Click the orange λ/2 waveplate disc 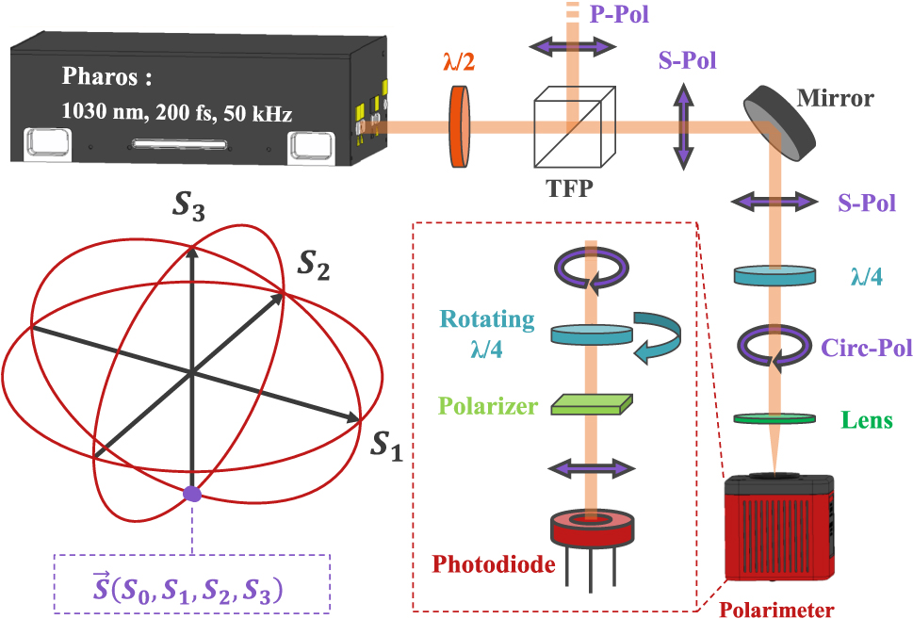(x=458, y=126)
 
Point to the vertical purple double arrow (x=680, y=126)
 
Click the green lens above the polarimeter (x=774, y=417)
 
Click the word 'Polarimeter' (x=776, y=609)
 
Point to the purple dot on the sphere (x=192, y=493)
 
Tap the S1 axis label (x=386, y=447)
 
